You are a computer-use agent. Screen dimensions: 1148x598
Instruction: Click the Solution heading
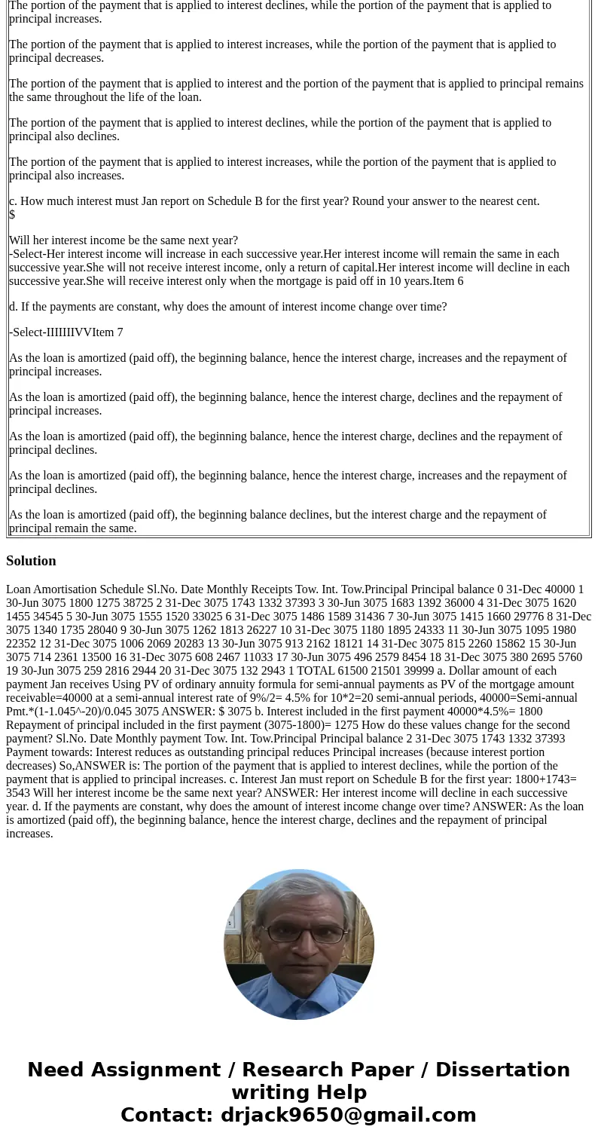[31, 561]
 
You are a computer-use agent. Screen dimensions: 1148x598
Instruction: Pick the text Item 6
[448, 281]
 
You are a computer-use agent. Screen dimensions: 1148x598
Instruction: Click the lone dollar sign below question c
[12, 215]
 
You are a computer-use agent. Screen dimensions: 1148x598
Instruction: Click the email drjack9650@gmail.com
[348, 1116]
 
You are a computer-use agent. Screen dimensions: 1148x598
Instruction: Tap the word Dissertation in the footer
[502, 1070]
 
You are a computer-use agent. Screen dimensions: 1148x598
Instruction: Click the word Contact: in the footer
[167, 1116]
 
